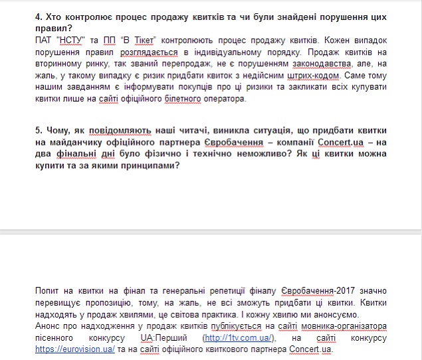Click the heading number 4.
pyautogui.click(x=38, y=15)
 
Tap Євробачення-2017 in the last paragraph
pyautogui.click(x=318, y=291)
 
